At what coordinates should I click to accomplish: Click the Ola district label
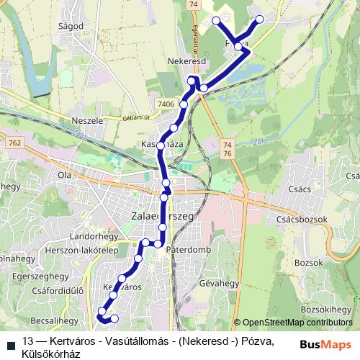(65, 175)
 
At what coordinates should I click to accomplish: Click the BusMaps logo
(326, 343)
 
